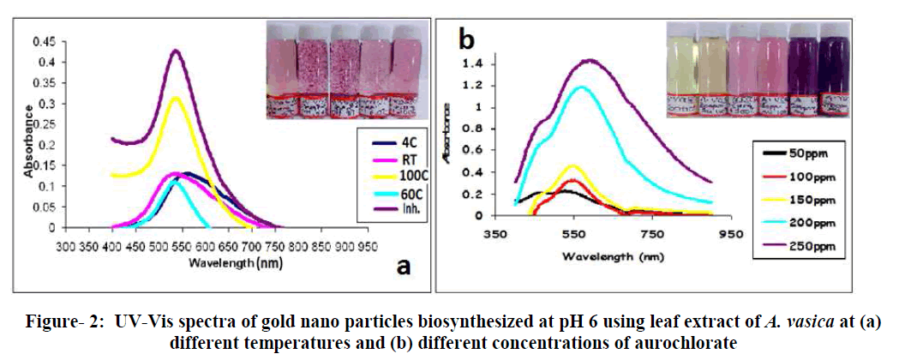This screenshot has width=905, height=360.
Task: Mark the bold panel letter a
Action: [x=402, y=267]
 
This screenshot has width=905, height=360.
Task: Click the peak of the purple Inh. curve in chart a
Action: [x=176, y=51]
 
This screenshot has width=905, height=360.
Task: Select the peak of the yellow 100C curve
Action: [x=176, y=98]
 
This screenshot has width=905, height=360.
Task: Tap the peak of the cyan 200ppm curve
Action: [x=582, y=87]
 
